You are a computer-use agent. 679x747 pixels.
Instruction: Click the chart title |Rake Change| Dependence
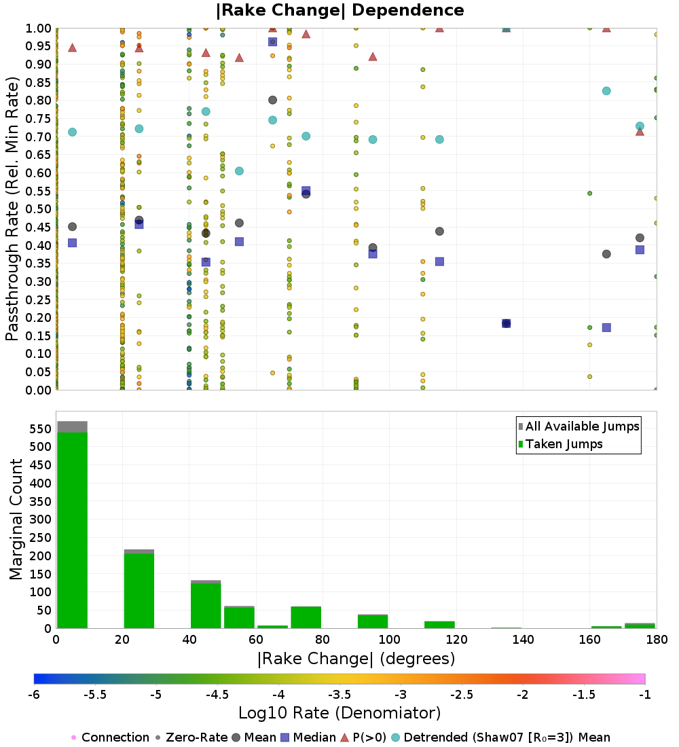(x=339, y=10)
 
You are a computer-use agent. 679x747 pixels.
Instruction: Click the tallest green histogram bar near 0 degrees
(x=72, y=530)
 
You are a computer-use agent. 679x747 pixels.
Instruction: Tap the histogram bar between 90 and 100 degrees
(x=372, y=621)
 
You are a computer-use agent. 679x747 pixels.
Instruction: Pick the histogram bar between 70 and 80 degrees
(x=306, y=617)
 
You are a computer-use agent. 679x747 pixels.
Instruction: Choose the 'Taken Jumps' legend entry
(x=564, y=444)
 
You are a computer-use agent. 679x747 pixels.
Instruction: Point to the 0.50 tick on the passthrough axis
(x=39, y=209)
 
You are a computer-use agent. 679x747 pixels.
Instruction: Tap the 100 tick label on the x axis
(x=389, y=640)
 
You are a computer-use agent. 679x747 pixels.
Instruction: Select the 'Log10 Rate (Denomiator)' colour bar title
(x=339, y=713)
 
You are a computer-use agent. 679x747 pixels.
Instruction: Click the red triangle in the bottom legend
(x=344, y=737)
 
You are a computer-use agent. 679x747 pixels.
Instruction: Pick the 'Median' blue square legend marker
(x=285, y=737)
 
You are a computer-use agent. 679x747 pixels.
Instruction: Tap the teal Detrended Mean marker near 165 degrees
(x=606, y=91)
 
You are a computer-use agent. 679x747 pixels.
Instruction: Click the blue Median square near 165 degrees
(x=606, y=327)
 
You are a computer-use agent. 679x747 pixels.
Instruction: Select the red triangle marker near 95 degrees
(x=373, y=56)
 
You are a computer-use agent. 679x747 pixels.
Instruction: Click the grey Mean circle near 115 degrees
(x=439, y=232)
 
